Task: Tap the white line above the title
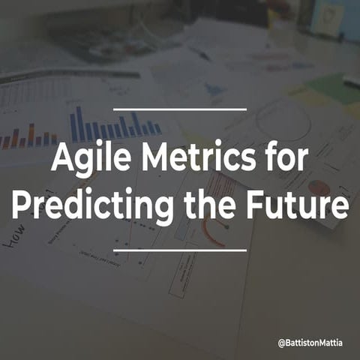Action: pyautogui.click(x=180, y=109)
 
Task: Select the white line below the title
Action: pyautogui.click(x=180, y=251)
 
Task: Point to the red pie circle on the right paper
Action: pyautogui.click(x=319, y=189)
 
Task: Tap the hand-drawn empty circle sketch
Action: pyautogui.click(x=283, y=120)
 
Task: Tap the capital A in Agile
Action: pyautogui.click(x=61, y=159)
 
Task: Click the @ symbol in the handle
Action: pyautogui.click(x=280, y=343)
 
